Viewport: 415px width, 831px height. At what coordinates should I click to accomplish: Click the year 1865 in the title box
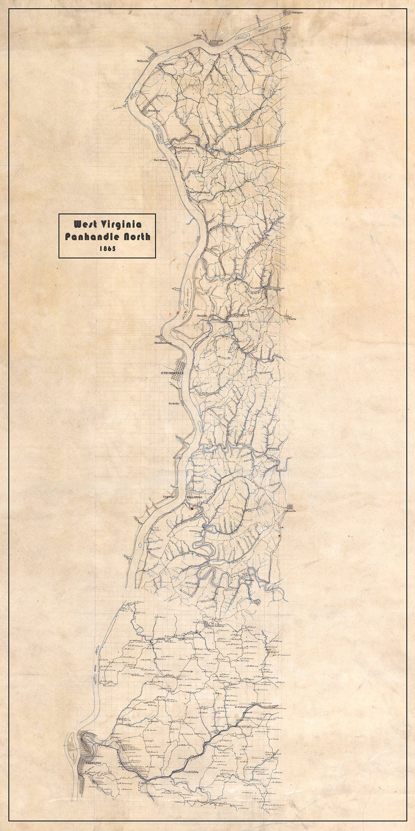pyautogui.click(x=107, y=249)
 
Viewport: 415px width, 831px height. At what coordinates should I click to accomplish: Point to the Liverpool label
pyautogui.click(x=216, y=39)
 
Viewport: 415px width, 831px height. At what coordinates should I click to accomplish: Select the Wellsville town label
pyautogui.click(x=144, y=61)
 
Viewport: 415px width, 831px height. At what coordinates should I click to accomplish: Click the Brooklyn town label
pyautogui.click(x=154, y=111)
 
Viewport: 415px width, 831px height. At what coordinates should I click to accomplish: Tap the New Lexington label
pyautogui.click(x=184, y=148)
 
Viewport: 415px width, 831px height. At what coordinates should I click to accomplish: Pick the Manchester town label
pyautogui.click(x=232, y=161)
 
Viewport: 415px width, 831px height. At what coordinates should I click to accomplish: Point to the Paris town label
pyautogui.click(x=292, y=319)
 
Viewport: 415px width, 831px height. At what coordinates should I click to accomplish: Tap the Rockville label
pyautogui.click(x=174, y=404)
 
